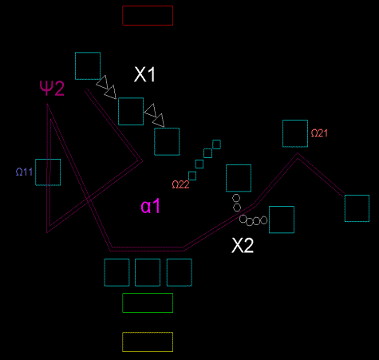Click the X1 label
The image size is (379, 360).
tap(144, 74)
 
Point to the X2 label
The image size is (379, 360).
tap(243, 245)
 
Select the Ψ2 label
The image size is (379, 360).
tap(52, 88)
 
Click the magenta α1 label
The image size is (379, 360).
tap(150, 206)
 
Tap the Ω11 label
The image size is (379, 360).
tap(24, 172)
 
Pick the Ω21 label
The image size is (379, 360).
tap(319, 133)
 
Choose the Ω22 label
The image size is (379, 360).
tap(180, 184)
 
